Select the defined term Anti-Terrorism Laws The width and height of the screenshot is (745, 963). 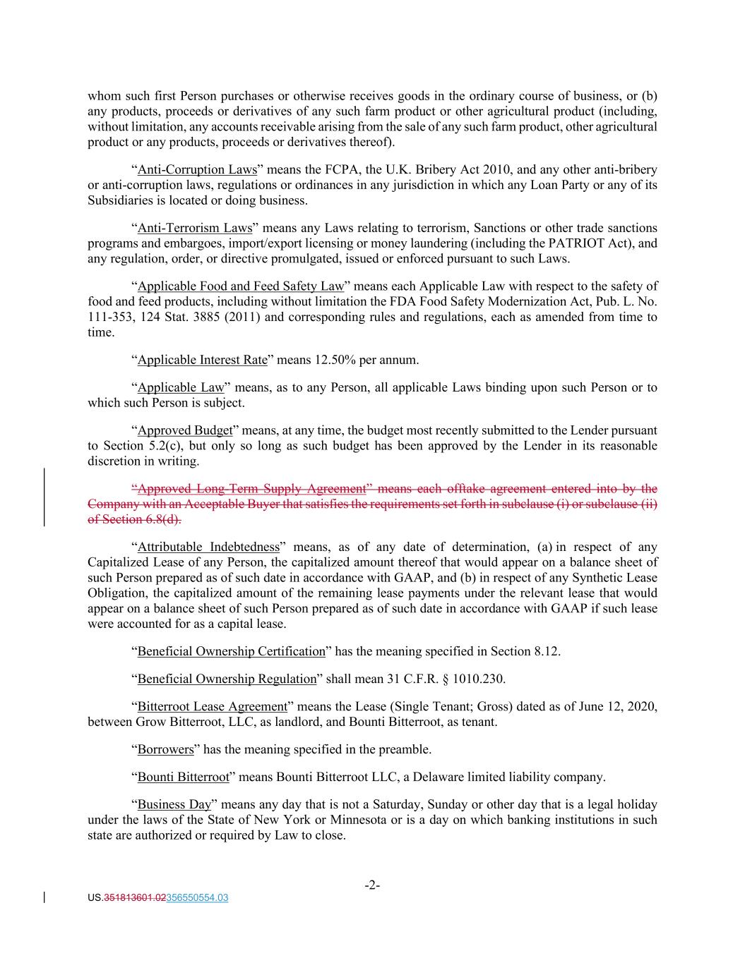click(194, 228)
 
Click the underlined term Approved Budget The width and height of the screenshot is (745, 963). click(184, 430)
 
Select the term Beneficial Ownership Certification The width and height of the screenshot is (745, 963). click(231, 651)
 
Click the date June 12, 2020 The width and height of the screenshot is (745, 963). click(619, 707)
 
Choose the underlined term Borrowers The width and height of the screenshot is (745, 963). click(165, 749)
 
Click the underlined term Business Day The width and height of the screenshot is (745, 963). click(174, 805)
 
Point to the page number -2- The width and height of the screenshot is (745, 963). click(372, 885)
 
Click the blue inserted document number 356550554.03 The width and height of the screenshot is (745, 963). click(196, 898)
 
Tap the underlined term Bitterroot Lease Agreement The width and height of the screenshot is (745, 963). click(212, 707)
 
